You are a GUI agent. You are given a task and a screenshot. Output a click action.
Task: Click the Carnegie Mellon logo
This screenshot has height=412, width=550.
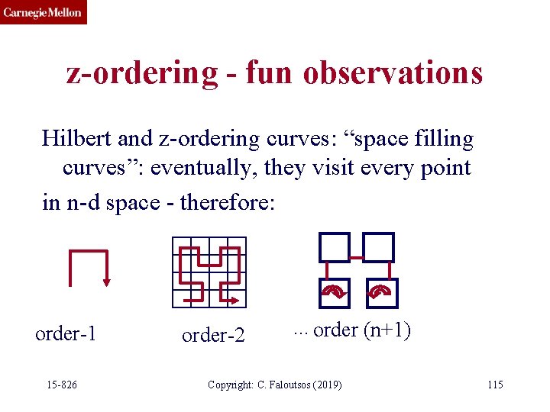[44, 12]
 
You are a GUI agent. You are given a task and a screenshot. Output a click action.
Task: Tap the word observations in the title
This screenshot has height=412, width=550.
[393, 72]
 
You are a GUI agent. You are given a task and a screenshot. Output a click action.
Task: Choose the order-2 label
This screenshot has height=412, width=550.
[213, 335]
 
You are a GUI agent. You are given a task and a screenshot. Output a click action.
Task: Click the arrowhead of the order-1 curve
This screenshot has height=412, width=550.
[106, 281]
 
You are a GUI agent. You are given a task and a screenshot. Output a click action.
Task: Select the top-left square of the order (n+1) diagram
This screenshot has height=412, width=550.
[333, 247]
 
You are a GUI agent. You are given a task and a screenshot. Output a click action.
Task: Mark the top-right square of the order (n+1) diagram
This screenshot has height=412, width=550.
[378, 247]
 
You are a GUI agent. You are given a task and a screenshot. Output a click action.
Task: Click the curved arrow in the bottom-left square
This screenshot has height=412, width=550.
[333, 291]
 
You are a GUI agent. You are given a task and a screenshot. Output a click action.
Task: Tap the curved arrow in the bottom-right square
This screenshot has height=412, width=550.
[379, 291]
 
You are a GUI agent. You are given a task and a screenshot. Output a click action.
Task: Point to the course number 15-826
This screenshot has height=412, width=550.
[62, 385]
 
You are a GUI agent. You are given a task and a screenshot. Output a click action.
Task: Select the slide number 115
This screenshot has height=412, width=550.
[495, 385]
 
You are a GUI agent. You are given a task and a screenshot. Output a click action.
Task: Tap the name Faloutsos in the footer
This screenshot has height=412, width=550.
[287, 385]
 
